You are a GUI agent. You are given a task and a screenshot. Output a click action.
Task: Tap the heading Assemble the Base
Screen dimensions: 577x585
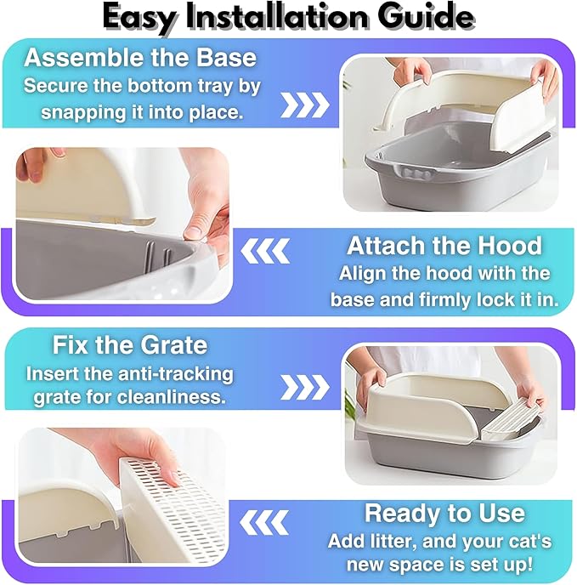140,58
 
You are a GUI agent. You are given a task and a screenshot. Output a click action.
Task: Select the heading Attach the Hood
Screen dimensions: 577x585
444,246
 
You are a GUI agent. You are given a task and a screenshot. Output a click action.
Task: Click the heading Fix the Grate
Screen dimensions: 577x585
129,344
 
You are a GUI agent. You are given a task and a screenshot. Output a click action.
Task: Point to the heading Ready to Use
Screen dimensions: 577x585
444,513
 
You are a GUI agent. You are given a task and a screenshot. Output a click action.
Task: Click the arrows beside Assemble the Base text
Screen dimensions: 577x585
305,105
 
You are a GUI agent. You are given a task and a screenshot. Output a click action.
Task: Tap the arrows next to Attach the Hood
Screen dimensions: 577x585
265,251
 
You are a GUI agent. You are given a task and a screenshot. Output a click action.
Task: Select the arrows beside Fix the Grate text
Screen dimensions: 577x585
305,387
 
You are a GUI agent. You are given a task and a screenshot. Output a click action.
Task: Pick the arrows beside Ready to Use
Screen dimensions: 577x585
264,522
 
